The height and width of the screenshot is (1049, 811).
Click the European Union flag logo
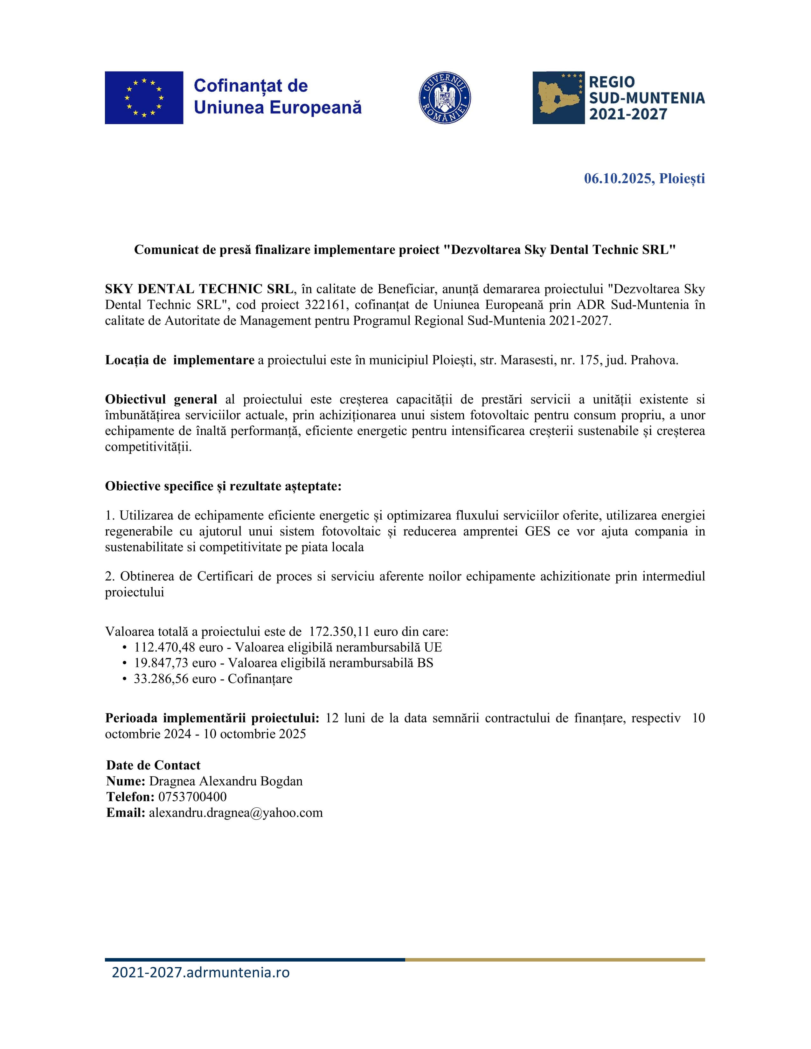point(144,98)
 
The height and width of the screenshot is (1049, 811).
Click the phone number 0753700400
point(192,797)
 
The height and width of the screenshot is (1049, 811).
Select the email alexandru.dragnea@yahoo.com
point(235,813)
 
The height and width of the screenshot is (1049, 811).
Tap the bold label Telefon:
point(130,797)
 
